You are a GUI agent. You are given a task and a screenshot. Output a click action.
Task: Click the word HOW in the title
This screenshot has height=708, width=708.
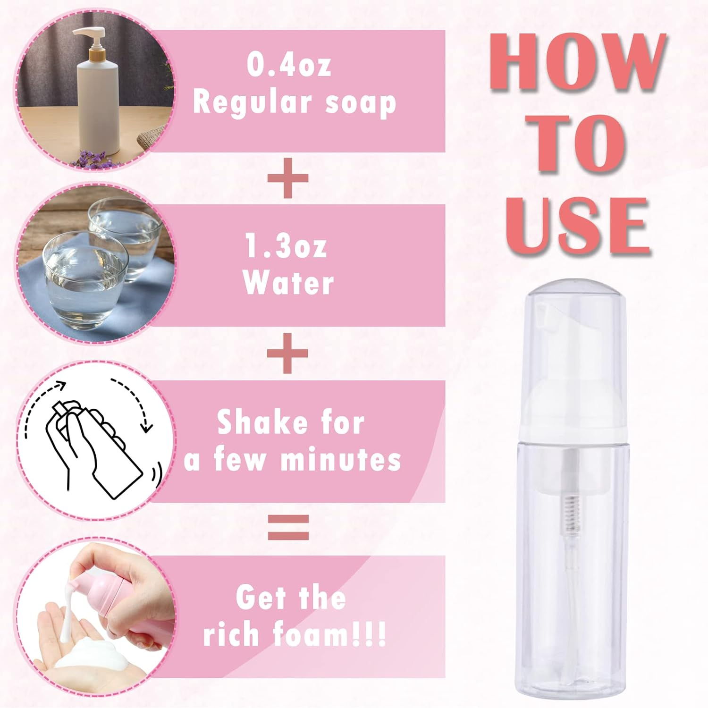tap(577, 62)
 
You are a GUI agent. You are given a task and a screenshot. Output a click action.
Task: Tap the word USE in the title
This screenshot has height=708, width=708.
tap(577, 226)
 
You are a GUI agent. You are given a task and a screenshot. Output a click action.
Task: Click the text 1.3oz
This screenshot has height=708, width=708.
tap(286, 246)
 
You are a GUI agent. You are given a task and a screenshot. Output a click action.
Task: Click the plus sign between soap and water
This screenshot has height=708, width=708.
tap(288, 178)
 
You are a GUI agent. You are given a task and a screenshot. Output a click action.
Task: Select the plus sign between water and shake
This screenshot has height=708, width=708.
tap(288, 353)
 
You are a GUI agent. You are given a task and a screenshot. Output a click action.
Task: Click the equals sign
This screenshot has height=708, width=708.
tap(288, 527)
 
